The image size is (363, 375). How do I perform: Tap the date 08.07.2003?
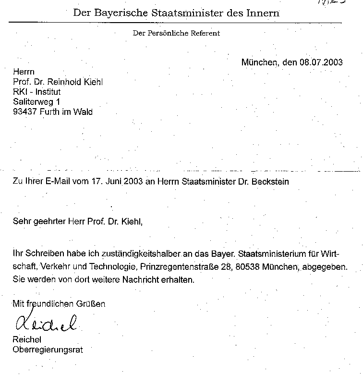tap(321, 62)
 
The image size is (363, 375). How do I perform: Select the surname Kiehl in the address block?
tap(92, 82)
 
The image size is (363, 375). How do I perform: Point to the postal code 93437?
tap(24, 112)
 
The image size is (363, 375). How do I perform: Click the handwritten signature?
tap(46, 323)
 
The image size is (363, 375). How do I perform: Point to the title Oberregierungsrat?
tap(47, 350)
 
